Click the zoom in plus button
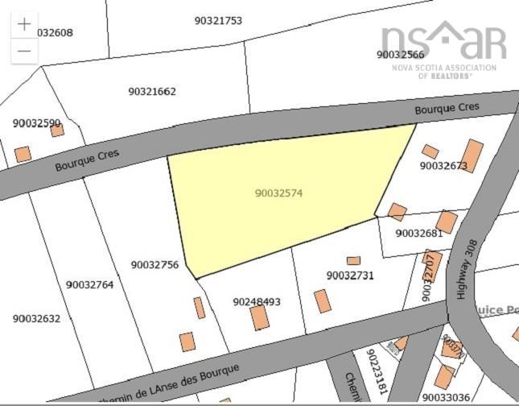coord(24,24)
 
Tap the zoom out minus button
coord(24,50)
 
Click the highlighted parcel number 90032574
coord(278,193)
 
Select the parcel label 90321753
coord(218,21)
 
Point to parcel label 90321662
coord(152,92)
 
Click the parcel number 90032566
coord(400,55)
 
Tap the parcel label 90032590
coord(37,123)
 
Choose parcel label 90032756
coord(154,264)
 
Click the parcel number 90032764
coord(90,284)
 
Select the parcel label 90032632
coord(36,318)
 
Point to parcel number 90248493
coord(257,302)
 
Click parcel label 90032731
coord(350,275)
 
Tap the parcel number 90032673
coord(443,166)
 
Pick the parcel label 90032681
coord(419,234)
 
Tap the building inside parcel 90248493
coord(259,317)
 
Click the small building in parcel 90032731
coord(353,261)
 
